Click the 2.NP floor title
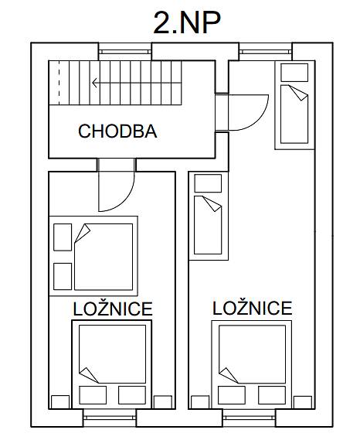point(187,22)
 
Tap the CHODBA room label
point(117,131)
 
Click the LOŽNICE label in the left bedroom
point(113,309)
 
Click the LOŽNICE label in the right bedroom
point(253,308)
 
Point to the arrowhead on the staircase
point(94,83)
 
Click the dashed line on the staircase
point(59,83)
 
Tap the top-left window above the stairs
point(125,51)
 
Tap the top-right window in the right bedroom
point(266,51)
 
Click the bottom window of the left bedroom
point(110,418)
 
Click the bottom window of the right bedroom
point(250,418)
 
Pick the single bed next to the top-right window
point(294,104)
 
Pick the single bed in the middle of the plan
point(209,216)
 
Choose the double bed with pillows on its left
point(93,256)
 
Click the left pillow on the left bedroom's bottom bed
point(93,395)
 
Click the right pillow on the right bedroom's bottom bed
point(272,395)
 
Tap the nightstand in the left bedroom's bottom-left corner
point(60,402)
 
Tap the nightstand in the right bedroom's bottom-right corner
point(303,402)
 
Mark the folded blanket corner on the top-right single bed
point(300,93)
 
